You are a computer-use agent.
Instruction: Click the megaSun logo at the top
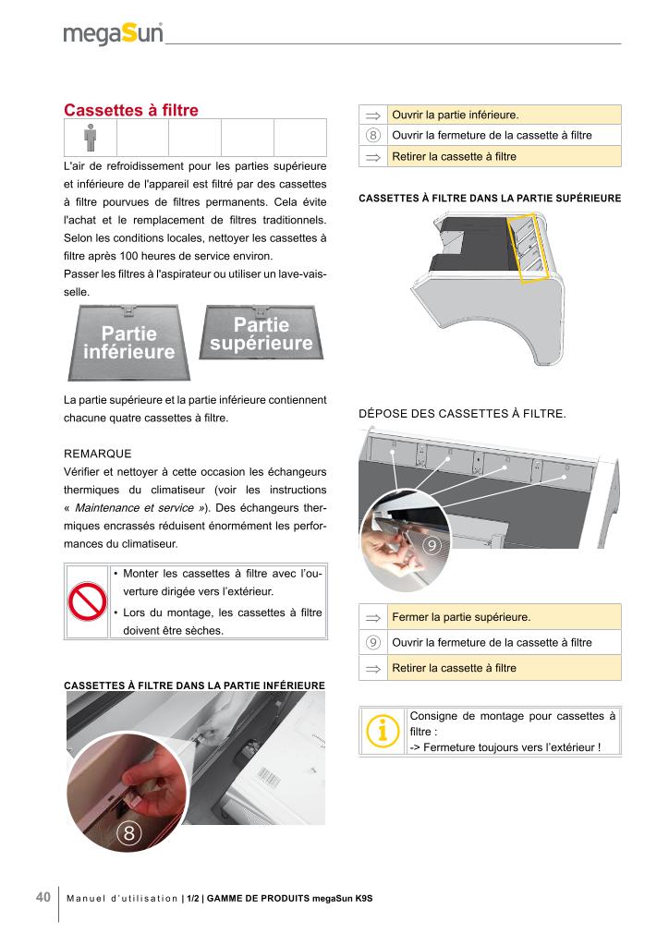coord(113,34)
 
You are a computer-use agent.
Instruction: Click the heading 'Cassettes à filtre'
coord(130,111)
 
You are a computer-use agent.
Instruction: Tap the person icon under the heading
coord(90,138)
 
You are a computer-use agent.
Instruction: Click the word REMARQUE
coord(98,454)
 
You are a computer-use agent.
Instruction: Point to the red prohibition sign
coord(88,601)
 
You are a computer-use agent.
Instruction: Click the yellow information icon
coord(383,730)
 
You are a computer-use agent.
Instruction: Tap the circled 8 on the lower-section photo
coord(129,834)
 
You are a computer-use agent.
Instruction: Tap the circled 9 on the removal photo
coord(431,546)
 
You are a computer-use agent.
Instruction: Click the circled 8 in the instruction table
coord(373,136)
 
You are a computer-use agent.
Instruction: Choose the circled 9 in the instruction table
coord(373,642)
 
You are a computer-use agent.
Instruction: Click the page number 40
coord(43,898)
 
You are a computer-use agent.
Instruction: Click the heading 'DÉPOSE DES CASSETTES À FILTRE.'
coord(461,414)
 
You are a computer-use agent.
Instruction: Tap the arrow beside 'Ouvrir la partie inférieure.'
coord(373,115)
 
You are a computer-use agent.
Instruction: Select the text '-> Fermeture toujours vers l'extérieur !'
coord(505,746)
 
